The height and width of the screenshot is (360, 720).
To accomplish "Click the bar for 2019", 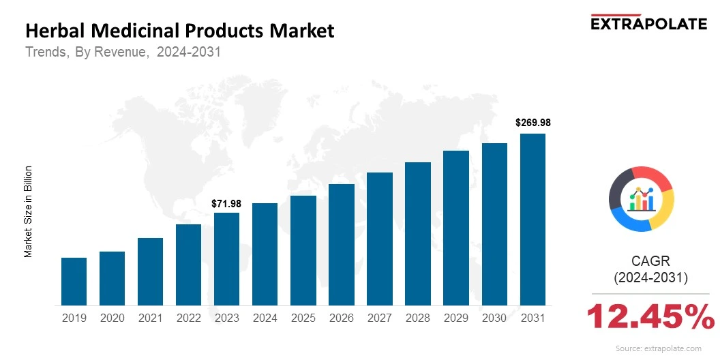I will coord(74,282).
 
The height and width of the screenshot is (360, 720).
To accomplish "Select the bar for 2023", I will coord(226,259).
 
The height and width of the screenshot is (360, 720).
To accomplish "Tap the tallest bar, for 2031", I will coord(532,220).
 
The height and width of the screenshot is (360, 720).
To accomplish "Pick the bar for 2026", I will coord(341,245).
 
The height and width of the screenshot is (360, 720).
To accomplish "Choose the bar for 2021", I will coord(150,271).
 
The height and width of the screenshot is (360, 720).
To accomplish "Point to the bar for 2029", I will coord(456,228).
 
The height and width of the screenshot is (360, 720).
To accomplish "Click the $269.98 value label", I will coord(532,123).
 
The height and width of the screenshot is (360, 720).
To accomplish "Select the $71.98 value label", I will coord(226,203).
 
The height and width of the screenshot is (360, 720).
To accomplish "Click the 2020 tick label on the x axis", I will coord(112,318).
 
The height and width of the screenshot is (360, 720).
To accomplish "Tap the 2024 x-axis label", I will coord(265,318).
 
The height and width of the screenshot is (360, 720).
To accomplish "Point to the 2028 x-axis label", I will coord(417,318).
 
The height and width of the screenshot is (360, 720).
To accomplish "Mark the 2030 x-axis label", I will coord(494,318).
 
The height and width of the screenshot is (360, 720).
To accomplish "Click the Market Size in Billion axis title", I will coord(29,211).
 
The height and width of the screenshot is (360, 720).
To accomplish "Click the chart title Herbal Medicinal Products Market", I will coord(180,31).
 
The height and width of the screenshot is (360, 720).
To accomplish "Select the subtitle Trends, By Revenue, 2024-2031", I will coord(123,52).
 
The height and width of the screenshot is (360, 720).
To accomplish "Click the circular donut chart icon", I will coord(641,198).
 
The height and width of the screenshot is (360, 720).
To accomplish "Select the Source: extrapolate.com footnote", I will coord(658,348).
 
